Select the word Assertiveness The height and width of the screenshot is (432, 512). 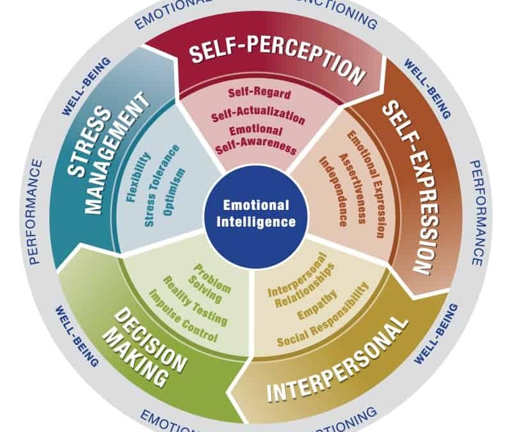(353, 188)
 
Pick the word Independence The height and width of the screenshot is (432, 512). (334, 191)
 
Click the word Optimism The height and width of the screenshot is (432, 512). (177, 191)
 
